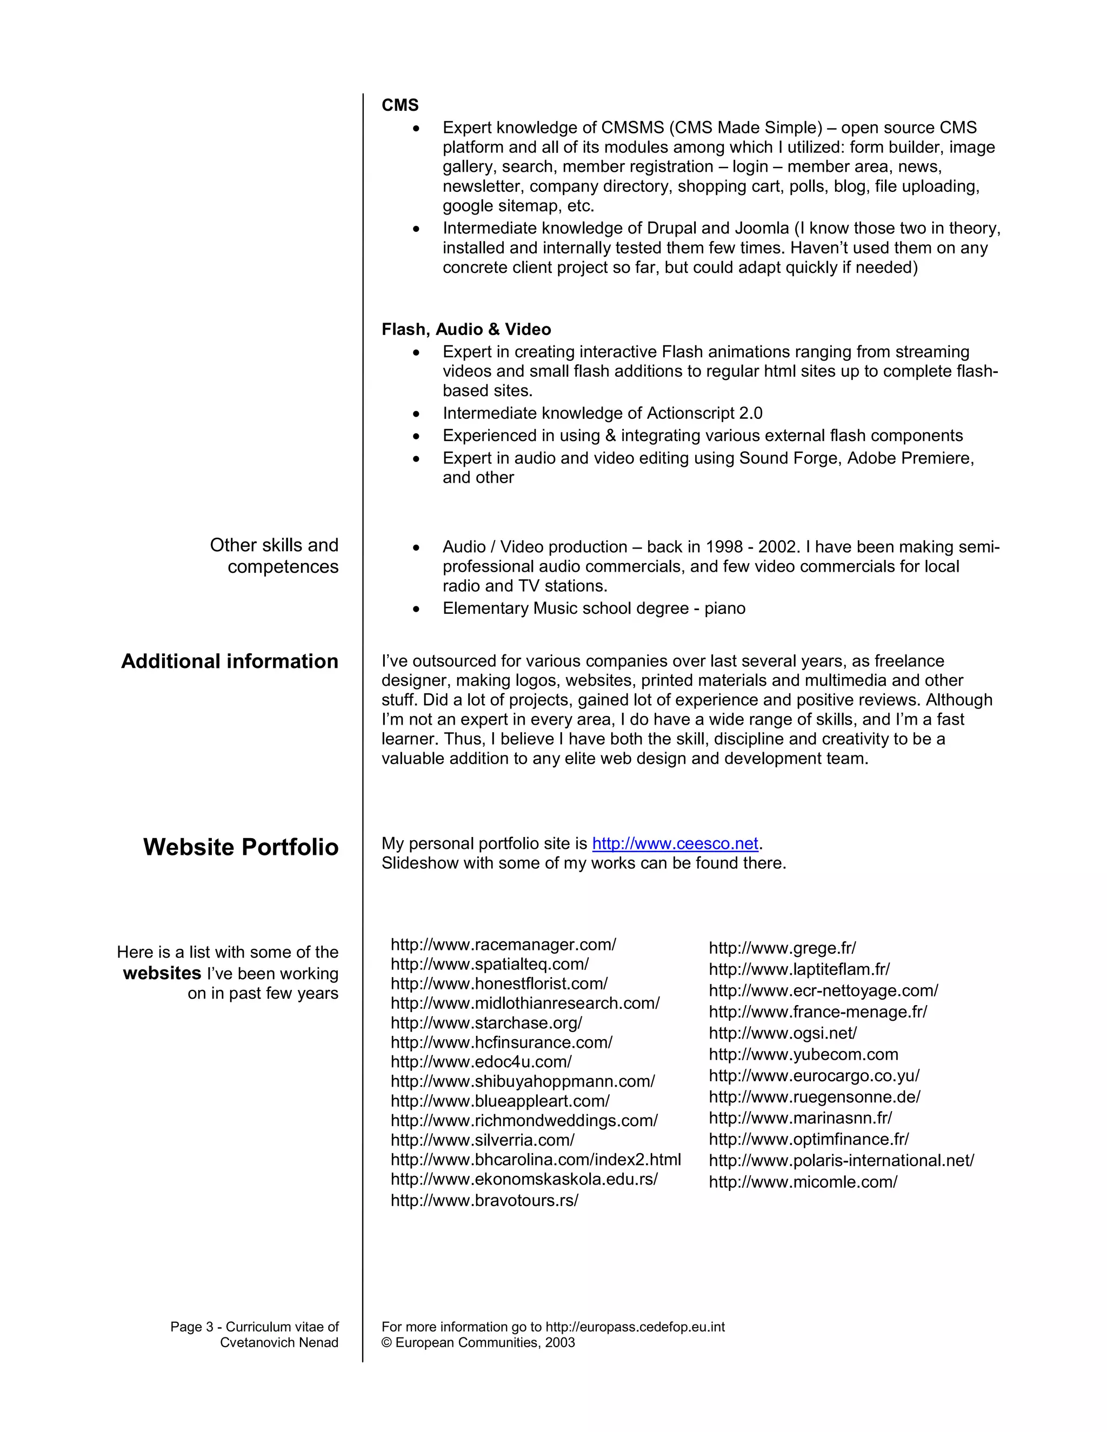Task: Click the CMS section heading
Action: pos(399,105)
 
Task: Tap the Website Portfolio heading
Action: pos(241,847)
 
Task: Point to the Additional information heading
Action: pos(230,661)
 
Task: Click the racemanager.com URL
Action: pos(503,944)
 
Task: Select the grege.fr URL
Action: pos(782,948)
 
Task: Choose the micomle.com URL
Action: pos(803,1182)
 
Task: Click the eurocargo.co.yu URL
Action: pos(814,1076)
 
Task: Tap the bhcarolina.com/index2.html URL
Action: pos(535,1160)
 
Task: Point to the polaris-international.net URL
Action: pos(842,1161)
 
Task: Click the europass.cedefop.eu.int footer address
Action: pos(635,1327)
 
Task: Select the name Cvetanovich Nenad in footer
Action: pos(279,1343)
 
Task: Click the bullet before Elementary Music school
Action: pos(416,609)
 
